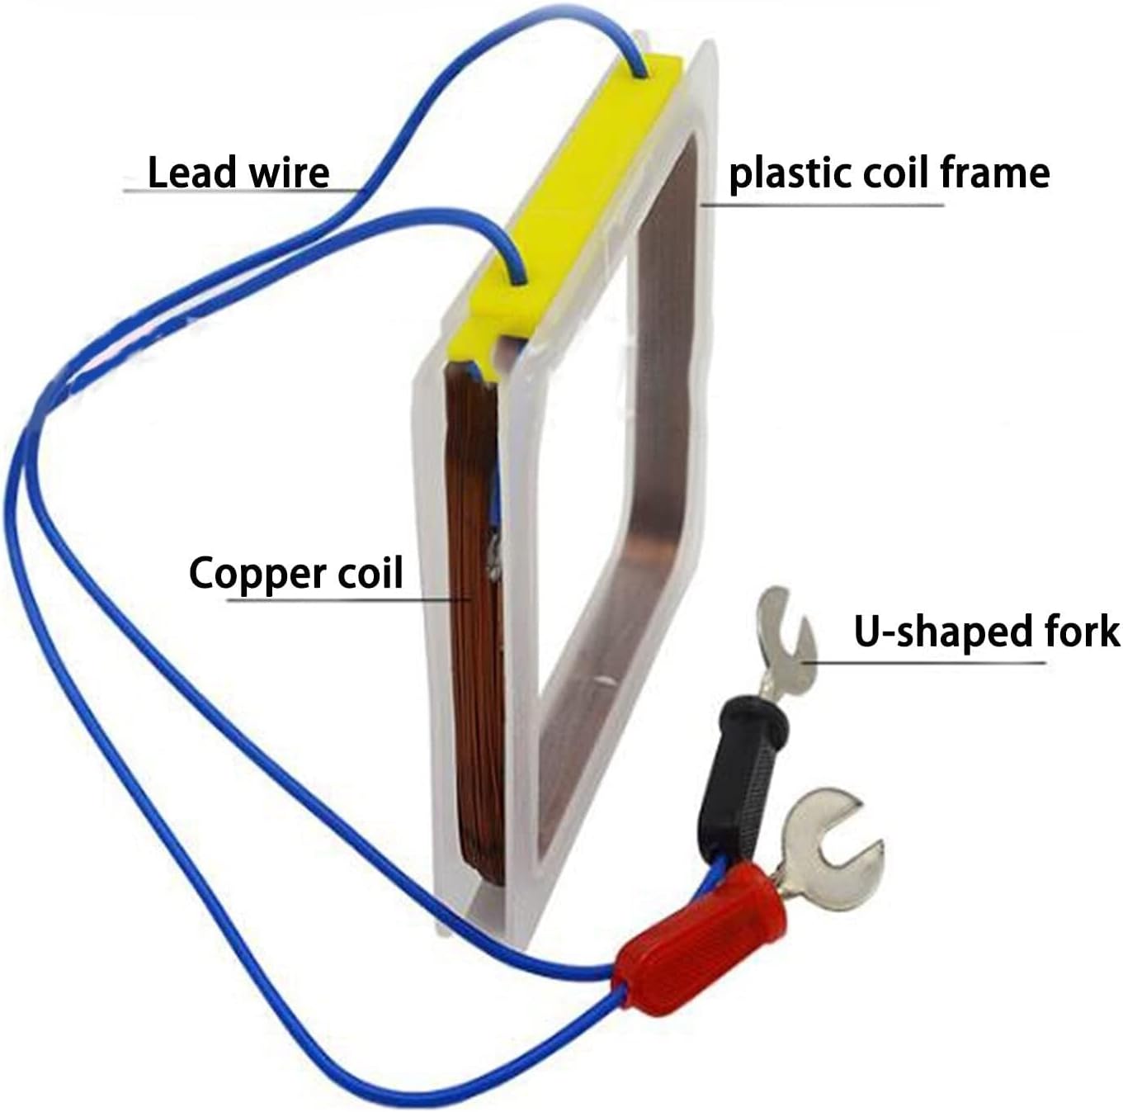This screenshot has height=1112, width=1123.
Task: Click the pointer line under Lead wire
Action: click(x=239, y=191)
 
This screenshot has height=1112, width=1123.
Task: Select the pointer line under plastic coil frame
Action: click(x=825, y=203)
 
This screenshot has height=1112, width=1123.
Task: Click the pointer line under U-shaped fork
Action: click(x=924, y=661)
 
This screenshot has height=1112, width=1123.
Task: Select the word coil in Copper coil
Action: click(x=370, y=572)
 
